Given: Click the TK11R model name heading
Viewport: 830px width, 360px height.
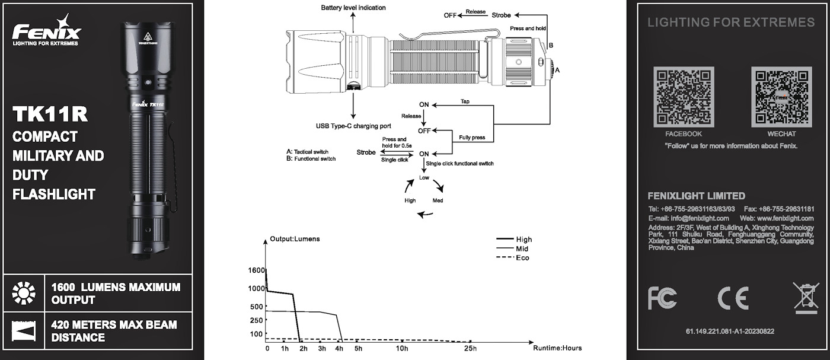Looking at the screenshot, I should point(50,114).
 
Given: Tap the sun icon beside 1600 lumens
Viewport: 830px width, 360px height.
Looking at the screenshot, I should point(24,293).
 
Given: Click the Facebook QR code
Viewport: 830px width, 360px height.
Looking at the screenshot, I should point(683,97).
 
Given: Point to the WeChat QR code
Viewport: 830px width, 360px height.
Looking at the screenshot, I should point(781,97).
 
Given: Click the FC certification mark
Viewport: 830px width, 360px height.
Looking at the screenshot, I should point(662,298).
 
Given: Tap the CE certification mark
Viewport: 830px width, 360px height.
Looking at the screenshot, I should point(733,298).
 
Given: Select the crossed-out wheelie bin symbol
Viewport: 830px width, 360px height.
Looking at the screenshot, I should point(805,298).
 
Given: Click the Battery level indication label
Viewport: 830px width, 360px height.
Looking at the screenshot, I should point(353,8).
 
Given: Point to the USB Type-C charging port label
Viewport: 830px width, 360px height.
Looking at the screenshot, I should point(353,126).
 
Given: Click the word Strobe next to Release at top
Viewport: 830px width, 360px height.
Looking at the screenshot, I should point(501,15).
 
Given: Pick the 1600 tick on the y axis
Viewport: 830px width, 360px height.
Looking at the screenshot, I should point(257,270).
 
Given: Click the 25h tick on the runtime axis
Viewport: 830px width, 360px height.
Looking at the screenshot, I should point(470,348).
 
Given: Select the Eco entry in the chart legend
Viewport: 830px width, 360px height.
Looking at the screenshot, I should point(522,258).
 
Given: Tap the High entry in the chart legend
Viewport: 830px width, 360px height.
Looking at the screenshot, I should point(523,240).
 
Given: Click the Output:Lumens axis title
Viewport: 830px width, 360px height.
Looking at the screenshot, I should point(295,239).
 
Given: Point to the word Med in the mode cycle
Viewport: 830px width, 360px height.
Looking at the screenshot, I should point(438,200).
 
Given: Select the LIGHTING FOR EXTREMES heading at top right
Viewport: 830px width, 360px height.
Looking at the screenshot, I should point(730,23).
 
